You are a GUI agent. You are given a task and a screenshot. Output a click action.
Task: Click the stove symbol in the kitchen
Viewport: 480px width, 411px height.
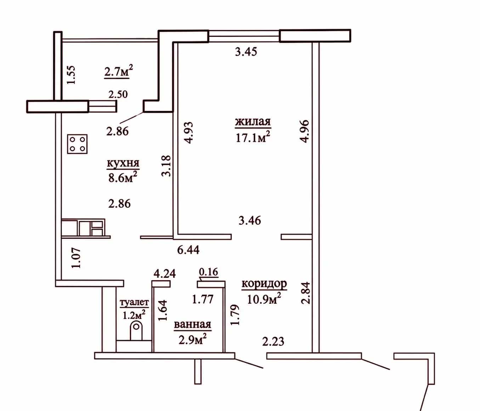coord(77,144)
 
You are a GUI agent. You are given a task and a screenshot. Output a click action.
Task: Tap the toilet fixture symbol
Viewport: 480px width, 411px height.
coord(136,331)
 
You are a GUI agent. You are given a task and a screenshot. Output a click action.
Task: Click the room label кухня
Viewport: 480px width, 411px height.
coord(123,164)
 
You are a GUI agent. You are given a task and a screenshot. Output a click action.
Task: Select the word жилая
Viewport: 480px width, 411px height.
coord(253,122)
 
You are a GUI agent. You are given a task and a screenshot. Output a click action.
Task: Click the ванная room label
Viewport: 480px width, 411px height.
coord(192,324)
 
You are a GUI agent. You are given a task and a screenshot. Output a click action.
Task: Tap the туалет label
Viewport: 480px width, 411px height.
coord(134,303)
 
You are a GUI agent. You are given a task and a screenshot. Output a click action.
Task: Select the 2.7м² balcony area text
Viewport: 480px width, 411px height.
coord(119,71)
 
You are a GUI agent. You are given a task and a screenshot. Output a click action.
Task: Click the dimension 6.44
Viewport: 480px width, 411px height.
coord(188,250)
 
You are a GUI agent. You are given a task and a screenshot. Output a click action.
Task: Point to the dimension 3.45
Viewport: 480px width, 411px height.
coord(246,52)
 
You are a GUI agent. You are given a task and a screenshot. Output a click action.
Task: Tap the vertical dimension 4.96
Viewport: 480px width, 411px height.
coord(304,131)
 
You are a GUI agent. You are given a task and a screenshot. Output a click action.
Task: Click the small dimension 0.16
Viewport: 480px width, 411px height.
coord(209,272)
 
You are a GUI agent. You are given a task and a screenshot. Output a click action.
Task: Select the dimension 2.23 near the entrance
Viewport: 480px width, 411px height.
coord(273,342)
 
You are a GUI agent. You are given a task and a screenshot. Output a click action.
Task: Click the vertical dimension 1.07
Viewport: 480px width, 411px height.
coord(76,258)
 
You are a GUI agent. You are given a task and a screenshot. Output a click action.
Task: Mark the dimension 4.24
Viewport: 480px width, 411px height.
coord(165,274)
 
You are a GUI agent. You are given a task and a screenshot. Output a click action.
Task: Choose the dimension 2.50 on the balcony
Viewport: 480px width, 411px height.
coord(118,94)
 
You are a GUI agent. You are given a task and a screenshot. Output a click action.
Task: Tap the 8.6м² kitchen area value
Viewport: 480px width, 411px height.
coord(123,178)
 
